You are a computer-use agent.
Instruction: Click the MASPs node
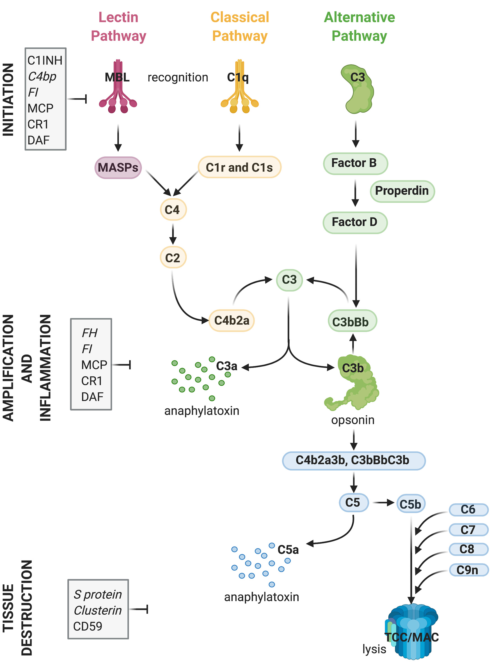[x=118, y=168]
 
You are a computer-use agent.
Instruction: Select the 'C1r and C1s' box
[x=239, y=167]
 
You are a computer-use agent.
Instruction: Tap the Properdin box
[x=402, y=191]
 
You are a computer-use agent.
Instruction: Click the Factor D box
[x=355, y=222]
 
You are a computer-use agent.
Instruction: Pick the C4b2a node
[x=232, y=320]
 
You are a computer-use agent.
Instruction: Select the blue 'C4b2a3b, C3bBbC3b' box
[x=354, y=460]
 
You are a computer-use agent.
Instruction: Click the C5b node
[x=411, y=504]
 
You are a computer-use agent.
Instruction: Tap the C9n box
[x=468, y=570]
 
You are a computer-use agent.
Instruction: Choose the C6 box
[x=468, y=510]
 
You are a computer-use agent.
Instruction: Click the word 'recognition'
[x=178, y=78]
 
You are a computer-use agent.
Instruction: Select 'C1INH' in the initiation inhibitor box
[x=45, y=61]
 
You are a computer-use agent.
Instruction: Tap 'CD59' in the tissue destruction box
[x=88, y=626]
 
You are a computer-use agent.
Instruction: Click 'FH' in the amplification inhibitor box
[x=89, y=333]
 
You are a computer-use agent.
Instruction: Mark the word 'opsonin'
[x=353, y=420]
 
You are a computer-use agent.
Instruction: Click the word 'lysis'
[x=374, y=649]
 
